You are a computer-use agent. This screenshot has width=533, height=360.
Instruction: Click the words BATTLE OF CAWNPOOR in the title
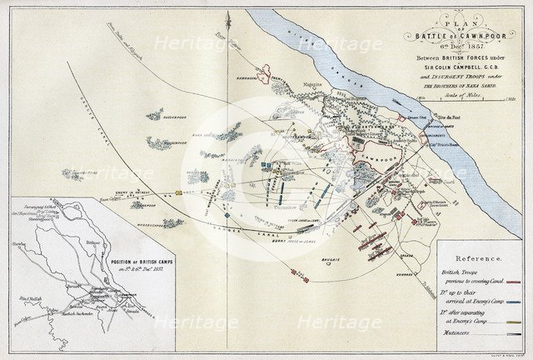(x=455, y=35)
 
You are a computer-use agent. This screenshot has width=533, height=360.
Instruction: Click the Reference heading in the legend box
(x=484, y=258)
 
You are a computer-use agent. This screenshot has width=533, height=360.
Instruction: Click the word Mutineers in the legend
(x=466, y=332)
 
